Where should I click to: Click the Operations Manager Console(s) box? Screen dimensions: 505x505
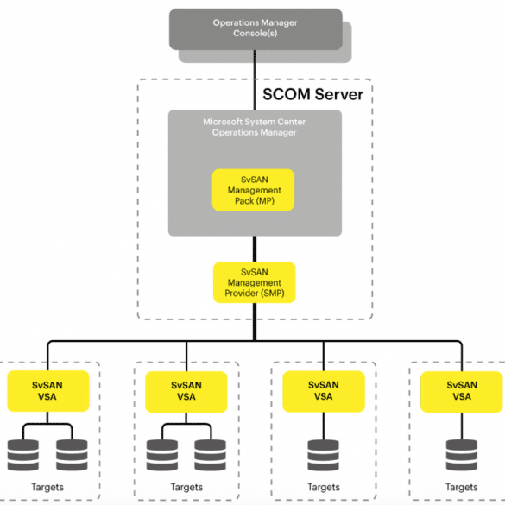[256, 29]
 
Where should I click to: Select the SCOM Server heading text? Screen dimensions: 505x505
[312, 94]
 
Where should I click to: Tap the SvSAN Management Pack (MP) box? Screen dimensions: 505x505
[254, 190]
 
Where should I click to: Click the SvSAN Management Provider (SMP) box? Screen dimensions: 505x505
[255, 282]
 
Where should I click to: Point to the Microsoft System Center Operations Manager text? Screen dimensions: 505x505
[255, 127]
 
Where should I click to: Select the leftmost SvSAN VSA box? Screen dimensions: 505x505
[48, 391]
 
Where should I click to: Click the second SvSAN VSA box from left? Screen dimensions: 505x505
[186, 392]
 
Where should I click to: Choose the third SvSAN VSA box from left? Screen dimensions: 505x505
[324, 391]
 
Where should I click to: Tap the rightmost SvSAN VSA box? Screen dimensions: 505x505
[462, 392]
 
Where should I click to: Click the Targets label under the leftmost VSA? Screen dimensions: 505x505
[47, 487]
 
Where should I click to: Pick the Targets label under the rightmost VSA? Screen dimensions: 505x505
[462, 487]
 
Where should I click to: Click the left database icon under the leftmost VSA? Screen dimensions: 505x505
[23, 455]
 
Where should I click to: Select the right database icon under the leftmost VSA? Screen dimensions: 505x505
[72, 455]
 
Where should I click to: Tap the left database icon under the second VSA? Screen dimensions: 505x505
[162, 455]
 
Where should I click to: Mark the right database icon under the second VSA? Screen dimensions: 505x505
[211, 455]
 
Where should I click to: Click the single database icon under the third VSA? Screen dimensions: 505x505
[324, 455]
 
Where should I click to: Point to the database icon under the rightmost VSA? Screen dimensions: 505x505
[462, 455]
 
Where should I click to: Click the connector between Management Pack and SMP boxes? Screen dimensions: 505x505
[255, 249]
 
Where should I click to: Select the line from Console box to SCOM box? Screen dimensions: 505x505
[255, 80]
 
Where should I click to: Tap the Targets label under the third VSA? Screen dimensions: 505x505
[324, 487]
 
